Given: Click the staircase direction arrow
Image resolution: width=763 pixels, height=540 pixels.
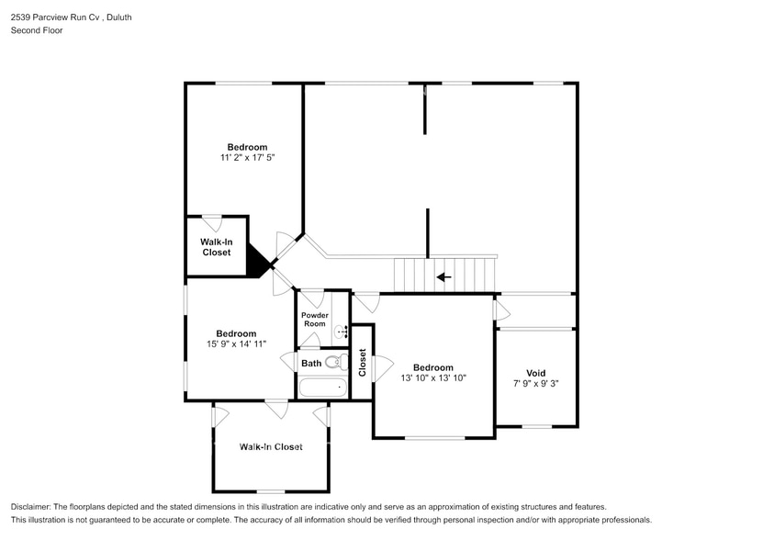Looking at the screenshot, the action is (x=443, y=277).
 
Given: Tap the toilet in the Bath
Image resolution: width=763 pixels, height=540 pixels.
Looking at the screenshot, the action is (x=337, y=362).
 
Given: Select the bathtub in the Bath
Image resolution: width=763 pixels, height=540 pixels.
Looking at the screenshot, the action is (x=322, y=388).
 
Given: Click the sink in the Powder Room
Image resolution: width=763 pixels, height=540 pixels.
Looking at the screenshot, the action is (x=342, y=332).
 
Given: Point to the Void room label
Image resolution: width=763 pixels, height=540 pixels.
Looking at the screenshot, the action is (x=536, y=373).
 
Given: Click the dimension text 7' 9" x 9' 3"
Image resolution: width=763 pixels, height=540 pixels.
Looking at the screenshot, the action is (x=536, y=383).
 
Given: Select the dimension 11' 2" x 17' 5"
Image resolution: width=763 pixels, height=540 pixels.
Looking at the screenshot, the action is (x=247, y=157).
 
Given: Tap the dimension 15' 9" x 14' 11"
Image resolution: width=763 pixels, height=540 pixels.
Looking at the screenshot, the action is (x=237, y=343).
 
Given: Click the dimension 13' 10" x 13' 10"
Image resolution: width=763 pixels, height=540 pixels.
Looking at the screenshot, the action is (x=433, y=377).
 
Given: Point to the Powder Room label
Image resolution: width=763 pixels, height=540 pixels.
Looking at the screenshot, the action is (x=315, y=320).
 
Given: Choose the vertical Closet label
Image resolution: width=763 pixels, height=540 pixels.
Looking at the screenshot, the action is (x=362, y=363).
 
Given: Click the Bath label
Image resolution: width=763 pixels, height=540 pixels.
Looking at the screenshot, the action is (x=311, y=364).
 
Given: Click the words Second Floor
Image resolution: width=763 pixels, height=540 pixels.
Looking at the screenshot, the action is (x=37, y=30).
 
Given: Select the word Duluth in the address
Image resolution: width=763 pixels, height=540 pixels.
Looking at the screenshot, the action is (x=119, y=17).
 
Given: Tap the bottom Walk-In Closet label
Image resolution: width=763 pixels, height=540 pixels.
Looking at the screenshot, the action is (x=271, y=446).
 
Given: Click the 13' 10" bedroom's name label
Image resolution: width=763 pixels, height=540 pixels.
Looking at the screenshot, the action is (x=433, y=367).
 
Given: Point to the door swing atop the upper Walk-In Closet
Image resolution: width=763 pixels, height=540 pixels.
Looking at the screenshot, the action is (x=212, y=223).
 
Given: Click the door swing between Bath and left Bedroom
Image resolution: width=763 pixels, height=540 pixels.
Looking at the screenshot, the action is (x=289, y=362).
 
